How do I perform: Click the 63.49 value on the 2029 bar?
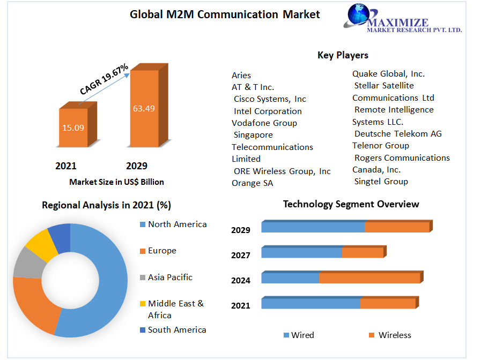pos(144,109)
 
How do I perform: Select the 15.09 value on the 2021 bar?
pos(73,127)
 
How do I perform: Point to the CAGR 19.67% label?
pos(104,79)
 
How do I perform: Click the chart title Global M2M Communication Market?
pos(225,14)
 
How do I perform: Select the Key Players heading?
pos(343,55)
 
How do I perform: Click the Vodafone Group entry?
pos(264,123)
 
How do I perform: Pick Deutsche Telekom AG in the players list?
pos(398,134)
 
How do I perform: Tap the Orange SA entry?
pos(252,183)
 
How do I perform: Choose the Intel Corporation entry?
pos(268,111)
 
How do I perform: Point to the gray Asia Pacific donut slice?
pos(26,262)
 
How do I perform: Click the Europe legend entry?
pos(161,251)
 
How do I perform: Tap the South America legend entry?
pos(176,330)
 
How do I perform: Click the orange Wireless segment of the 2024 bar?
pos(369,279)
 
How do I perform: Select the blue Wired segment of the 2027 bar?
pos(301,252)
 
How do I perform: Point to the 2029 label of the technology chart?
pos(241,230)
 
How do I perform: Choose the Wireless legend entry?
pos(394,335)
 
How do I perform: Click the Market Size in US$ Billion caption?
pos(116,182)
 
